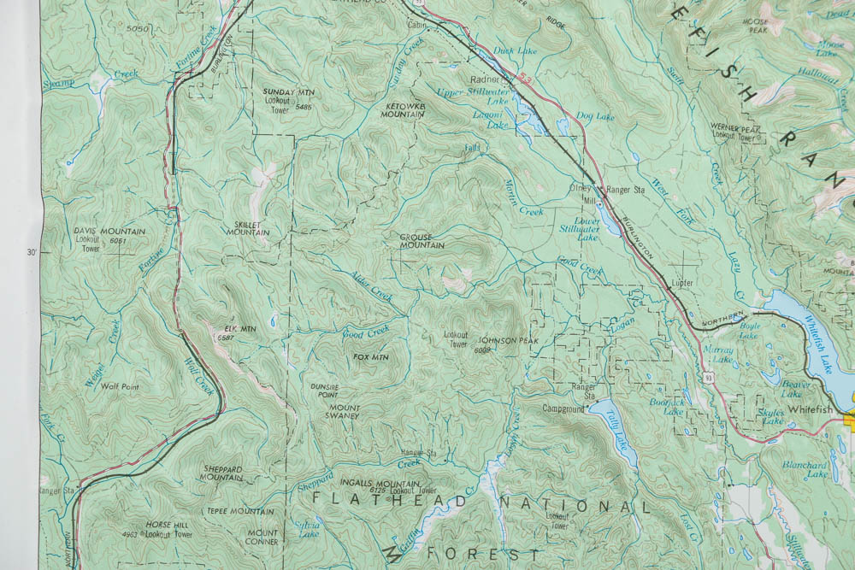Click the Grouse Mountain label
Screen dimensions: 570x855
click(422, 241)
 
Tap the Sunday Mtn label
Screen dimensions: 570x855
click(288, 91)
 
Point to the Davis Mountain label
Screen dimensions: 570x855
click(109, 232)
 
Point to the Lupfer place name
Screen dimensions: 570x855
click(681, 282)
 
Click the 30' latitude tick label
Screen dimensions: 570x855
click(32, 252)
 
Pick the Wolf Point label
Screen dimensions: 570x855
click(120, 386)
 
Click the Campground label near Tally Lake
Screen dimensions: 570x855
click(563, 408)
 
